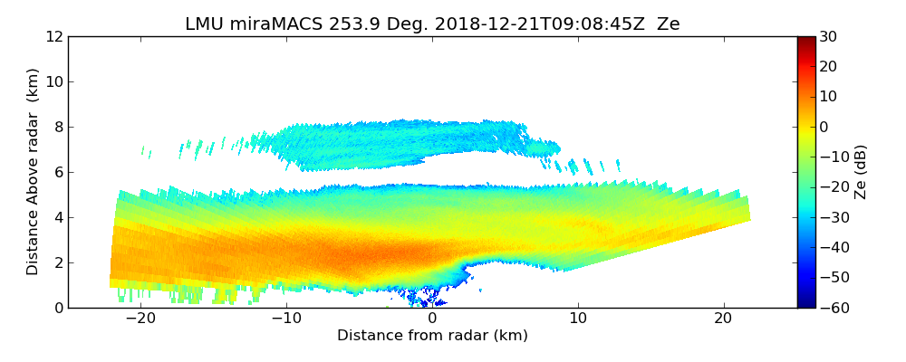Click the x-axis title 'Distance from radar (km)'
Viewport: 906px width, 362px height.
pyautogui.click(x=432, y=336)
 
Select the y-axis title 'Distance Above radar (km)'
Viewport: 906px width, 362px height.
pyautogui.click(x=33, y=171)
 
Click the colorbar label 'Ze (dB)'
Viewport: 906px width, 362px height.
pyautogui.click(x=861, y=172)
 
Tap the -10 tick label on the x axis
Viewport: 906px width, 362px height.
pyautogui.click(x=286, y=319)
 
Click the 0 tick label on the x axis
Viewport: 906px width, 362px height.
pyautogui.click(x=432, y=319)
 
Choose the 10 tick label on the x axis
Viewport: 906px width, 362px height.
pyautogui.click(x=578, y=319)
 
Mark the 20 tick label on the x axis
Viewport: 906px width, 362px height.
pyautogui.click(x=724, y=319)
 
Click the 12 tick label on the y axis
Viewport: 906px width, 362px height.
pyautogui.click(x=54, y=36)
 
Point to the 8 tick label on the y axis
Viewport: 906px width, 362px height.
pyautogui.click(x=58, y=127)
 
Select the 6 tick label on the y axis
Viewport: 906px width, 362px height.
pyautogui.click(x=58, y=172)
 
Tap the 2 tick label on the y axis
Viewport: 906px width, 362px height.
pyautogui.click(x=58, y=262)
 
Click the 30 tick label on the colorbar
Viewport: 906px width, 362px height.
pyautogui.click(x=827, y=36)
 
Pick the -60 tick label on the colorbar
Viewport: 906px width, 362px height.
pyautogui.click(x=831, y=308)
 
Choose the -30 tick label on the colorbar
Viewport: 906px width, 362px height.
pyautogui.click(x=831, y=217)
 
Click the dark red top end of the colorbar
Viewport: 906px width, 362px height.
pyautogui.click(x=805, y=40)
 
